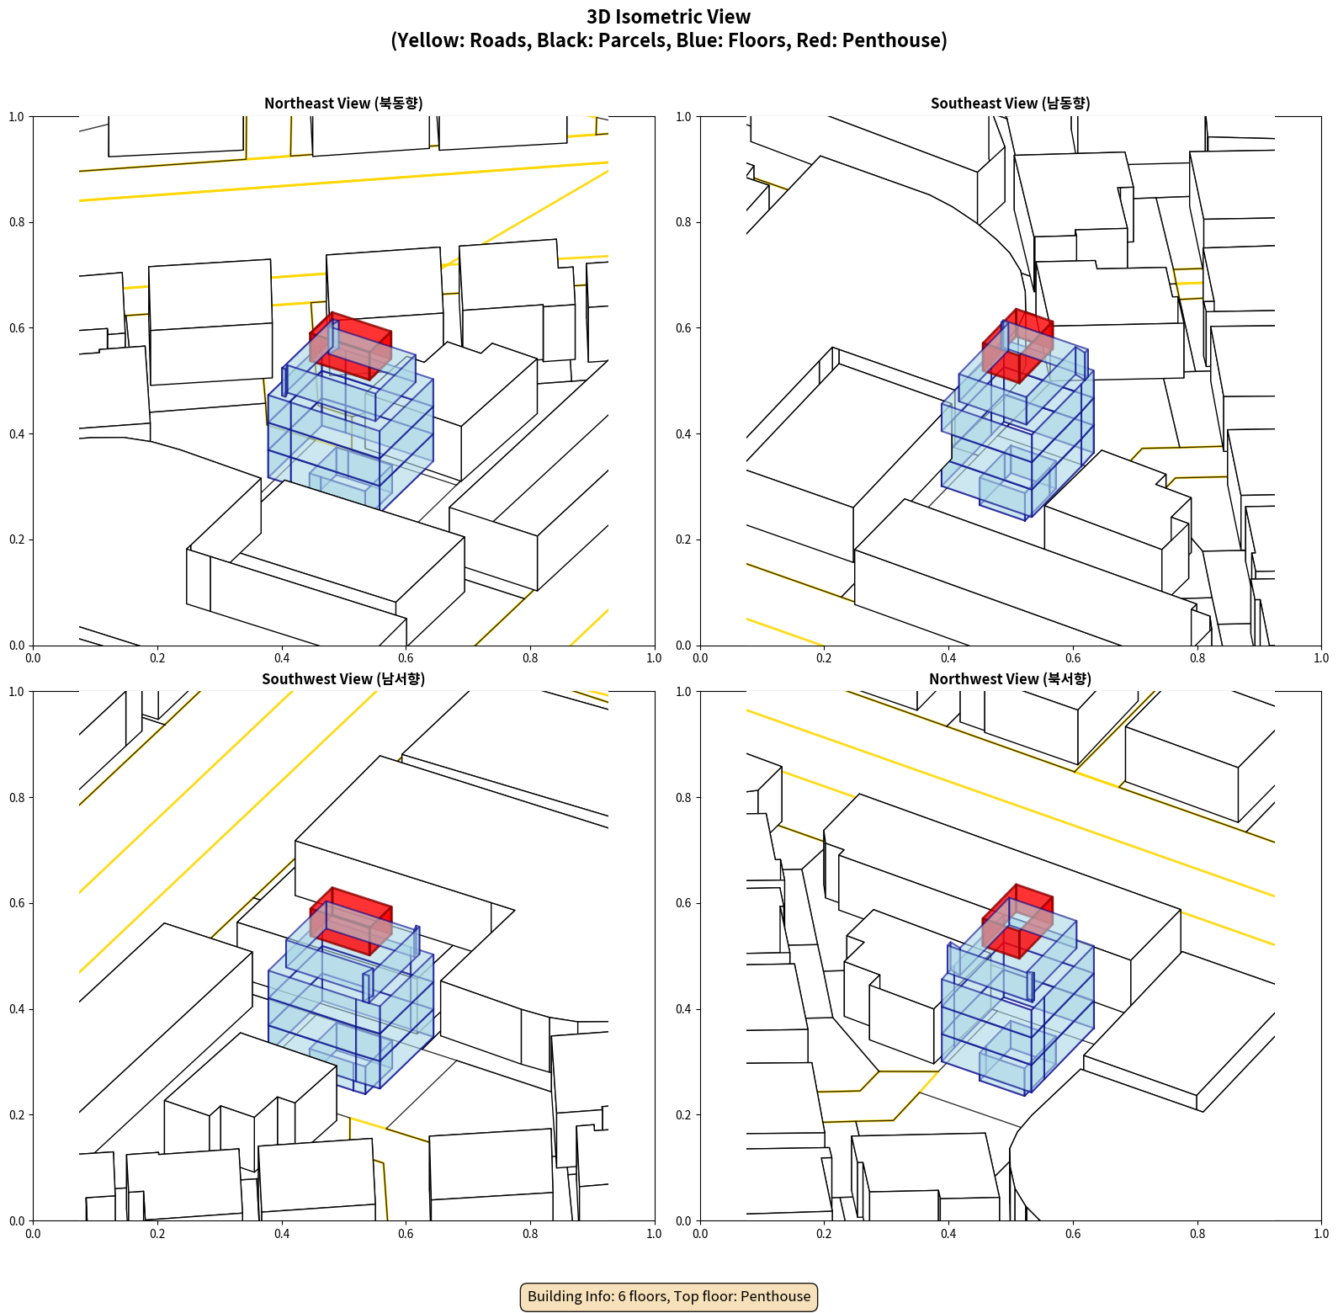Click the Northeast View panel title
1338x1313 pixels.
click(x=343, y=104)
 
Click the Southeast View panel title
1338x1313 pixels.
click(x=1010, y=104)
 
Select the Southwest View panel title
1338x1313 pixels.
click(x=343, y=679)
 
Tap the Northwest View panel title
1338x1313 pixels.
click(x=1010, y=679)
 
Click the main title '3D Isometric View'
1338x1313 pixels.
click(x=669, y=17)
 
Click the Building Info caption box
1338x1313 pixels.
click(x=669, y=1296)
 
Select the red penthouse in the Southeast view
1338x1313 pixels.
click(x=1017, y=346)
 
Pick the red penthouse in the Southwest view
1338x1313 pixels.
click(x=351, y=921)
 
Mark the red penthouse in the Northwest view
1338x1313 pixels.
click(x=1017, y=921)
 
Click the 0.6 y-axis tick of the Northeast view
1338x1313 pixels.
click(x=17, y=328)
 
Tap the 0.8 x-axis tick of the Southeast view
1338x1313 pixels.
click(x=1197, y=658)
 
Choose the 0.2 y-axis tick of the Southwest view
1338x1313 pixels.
click(x=17, y=1115)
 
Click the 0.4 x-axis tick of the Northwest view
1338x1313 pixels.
click(x=948, y=1234)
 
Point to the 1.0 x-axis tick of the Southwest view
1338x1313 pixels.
click(x=655, y=1234)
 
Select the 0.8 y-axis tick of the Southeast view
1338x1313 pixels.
click(x=683, y=223)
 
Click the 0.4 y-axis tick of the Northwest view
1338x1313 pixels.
click(x=683, y=1009)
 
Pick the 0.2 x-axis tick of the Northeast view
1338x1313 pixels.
click(x=157, y=658)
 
